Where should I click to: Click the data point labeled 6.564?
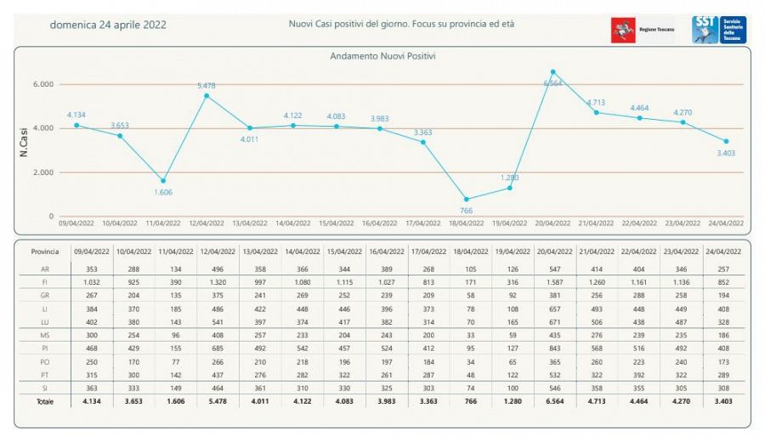point(553,72)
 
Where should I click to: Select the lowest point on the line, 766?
point(466,199)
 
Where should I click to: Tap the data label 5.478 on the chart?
point(206,86)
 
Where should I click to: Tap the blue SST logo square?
point(705,29)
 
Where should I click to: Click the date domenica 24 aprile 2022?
point(108,25)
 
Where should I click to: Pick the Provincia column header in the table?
point(45,252)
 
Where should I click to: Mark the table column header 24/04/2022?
point(725,252)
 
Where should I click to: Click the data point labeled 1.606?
point(162,181)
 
